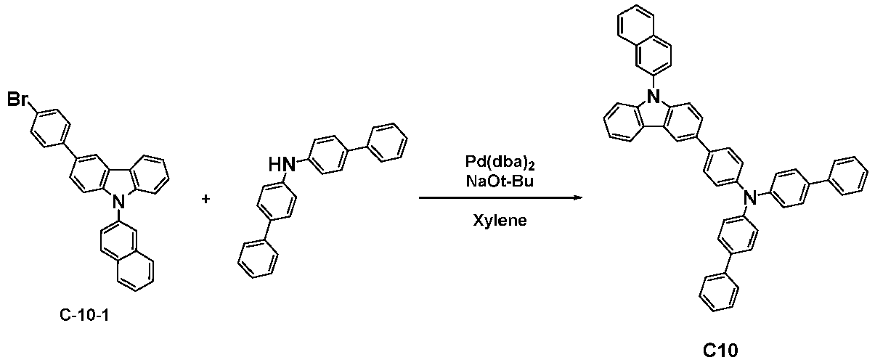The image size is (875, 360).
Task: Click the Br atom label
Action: click(x=18, y=100)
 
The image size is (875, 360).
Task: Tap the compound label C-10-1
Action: click(x=84, y=314)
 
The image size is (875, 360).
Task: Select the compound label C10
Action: click(x=721, y=350)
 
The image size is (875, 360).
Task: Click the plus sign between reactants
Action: click(x=205, y=199)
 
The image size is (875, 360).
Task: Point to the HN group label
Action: click(x=282, y=164)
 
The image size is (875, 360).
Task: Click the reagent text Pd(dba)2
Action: click(x=500, y=163)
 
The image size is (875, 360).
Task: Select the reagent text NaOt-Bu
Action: click(x=500, y=181)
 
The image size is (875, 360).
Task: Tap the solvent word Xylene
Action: click(x=500, y=221)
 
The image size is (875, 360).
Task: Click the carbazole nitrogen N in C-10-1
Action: click(x=119, y=202)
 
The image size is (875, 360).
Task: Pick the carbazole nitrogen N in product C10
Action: click(x=652, y=95)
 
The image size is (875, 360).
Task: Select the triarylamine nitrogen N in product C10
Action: click(x=749, y=197)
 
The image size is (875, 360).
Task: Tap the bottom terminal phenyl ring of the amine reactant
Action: click(x=259, y=259)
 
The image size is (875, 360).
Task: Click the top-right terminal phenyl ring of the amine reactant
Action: click(x=387, y=142)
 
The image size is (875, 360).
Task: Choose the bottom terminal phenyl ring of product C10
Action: click(x=719, y=292)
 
